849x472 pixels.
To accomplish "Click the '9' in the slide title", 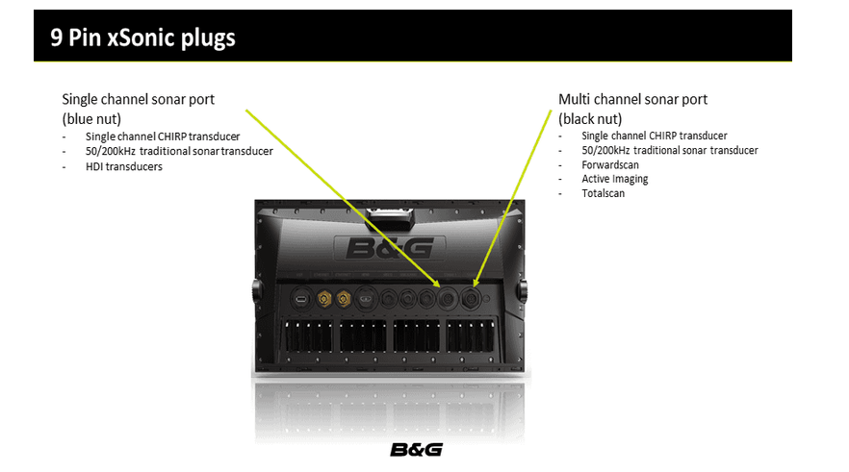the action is pyautogui.click(x=56, y=37).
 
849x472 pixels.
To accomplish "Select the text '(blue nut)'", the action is pyautogui.click(x=91, y=119).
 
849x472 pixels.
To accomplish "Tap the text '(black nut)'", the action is pyautogui.click(x=590, y=119).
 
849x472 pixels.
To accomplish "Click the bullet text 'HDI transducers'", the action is pyautogui.click(x=124, y=166).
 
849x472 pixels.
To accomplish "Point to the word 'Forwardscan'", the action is pyautogui.click(x=610, y=165).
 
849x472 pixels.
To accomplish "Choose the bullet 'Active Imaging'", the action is pyautogui.click(x=614, y=179).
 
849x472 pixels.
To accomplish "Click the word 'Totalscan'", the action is pyautogui.click(x=604, y=193).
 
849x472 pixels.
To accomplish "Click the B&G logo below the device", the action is pyautogui.click(x=417, y=450).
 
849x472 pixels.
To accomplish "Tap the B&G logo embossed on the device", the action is pyautogui.click(x=390, y=249).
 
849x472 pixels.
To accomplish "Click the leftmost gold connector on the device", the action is pyautogui.click(x=324, y=298).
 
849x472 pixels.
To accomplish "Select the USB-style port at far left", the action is pyautogui.click(x=300, y=298).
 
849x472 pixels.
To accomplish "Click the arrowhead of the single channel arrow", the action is pyautogui.click(x=436, y=283).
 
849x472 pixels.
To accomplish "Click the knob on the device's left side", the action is pyautogui.click(x=257, y=292).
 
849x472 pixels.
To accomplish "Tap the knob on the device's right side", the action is pyautogui.click(x=523, y=292).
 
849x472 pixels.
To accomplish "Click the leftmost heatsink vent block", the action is pyautogui.click(x=309, y=335).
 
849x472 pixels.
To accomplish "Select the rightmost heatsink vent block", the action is pyautogui.click(x=470, y=335).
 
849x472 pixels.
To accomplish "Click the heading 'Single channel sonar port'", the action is pyautogui.click(x=138, y=99).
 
